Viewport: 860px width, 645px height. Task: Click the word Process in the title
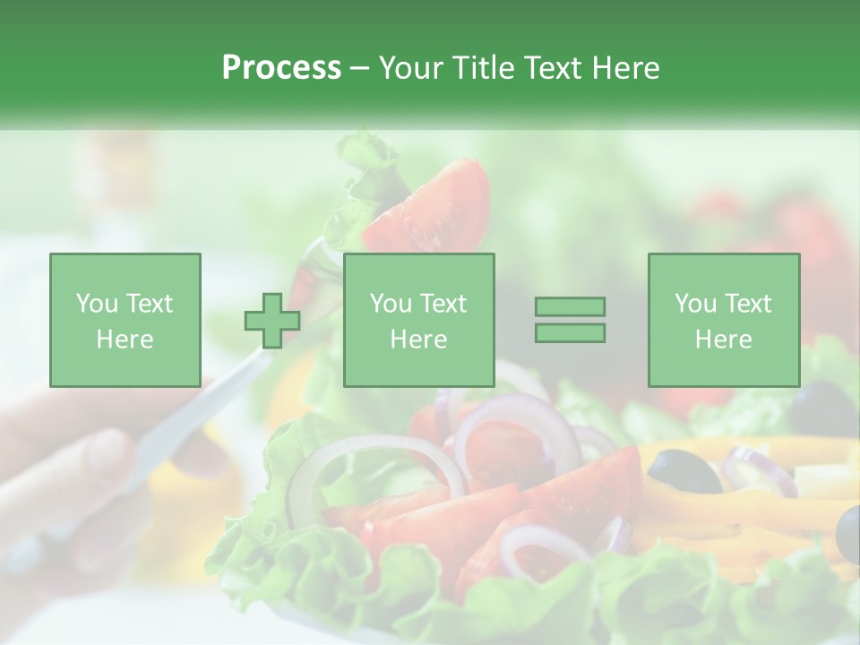pos(281,68)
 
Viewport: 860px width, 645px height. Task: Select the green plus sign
pos(272,320)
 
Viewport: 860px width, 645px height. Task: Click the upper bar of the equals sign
pos(570,306)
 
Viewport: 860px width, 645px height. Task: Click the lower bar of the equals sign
pos(570,333)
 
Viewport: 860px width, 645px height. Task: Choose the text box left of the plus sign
pos(125,320)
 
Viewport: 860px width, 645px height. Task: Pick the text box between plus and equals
pos(418,320)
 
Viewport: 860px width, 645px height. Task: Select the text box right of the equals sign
pos(723,320)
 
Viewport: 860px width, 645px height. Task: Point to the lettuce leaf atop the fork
pos(367,166)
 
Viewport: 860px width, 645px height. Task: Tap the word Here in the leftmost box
pos(125,339)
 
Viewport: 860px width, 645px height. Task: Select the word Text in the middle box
pos(443,304)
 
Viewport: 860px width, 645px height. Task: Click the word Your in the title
pos(410,68)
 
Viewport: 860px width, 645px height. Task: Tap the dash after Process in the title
pos(360,69)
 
